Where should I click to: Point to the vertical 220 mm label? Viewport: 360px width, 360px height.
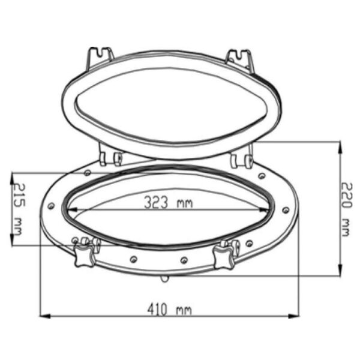(x=344, y=209)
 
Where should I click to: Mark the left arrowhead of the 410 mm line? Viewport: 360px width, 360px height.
(x=43, y=316)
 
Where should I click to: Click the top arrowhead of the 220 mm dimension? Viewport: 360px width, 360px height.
(x=340, y=145)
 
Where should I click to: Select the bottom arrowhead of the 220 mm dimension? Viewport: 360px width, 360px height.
(x=340, y=274)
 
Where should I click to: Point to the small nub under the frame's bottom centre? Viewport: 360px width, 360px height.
(x=164, y=280)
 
